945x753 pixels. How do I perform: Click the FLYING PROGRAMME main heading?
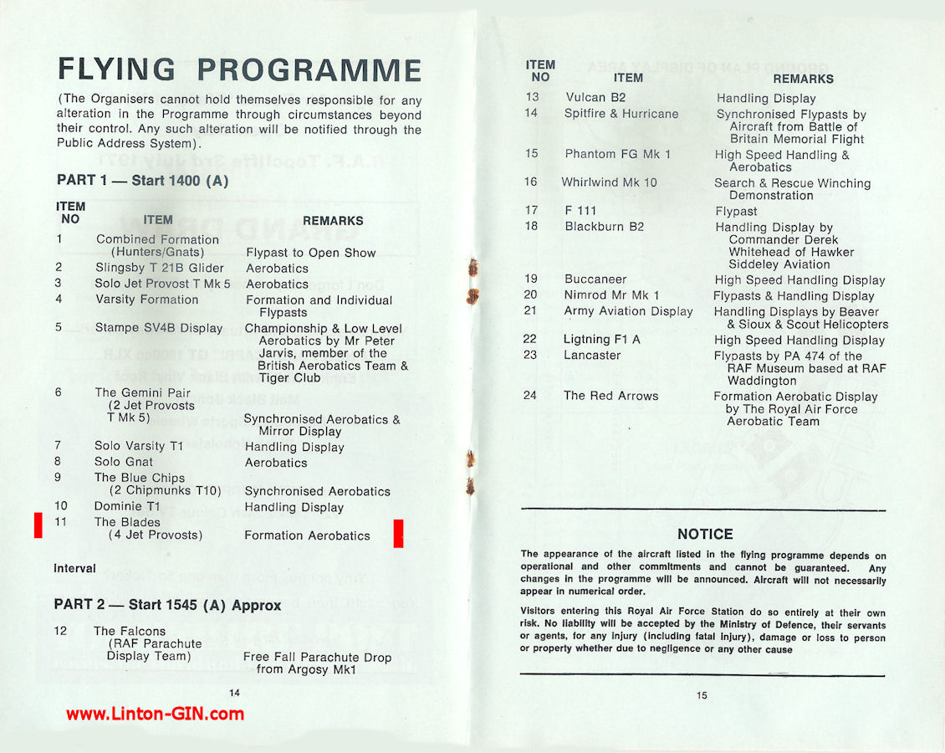coord(239,70)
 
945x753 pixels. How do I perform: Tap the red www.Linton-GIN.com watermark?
coord(156,714)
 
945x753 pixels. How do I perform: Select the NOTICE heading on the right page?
coord(705,534)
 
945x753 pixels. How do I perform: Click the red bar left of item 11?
coord(38,525)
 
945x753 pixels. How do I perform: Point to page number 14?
coord(234,693)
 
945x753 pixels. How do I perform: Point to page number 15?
coord(701,695)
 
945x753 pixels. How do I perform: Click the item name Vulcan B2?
coord(595,98)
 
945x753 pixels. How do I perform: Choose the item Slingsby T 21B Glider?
coord(160,268)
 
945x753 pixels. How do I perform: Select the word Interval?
coord(75,568)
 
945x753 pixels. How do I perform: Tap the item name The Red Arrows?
coord(610,396)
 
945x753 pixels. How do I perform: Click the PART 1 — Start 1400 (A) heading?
coord(142,180)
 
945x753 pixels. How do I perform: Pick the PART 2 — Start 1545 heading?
coord(167,604)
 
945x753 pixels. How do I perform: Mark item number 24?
coord(530,396)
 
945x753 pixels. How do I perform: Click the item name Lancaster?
coord(592,355)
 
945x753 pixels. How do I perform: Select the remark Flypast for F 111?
coord(736,212)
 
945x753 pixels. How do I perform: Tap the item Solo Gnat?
coord(124,462)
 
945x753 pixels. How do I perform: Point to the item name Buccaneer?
coord(595,279)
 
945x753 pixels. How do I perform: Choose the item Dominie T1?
coord(127,506)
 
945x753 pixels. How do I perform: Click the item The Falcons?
coord(130,631)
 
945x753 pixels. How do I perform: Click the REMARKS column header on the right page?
coord(803,79)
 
